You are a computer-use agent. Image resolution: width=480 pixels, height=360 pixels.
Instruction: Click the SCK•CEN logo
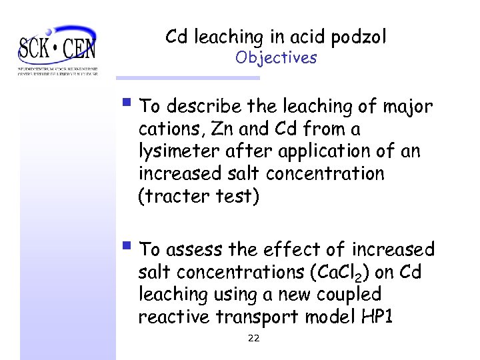[x=57, y=49]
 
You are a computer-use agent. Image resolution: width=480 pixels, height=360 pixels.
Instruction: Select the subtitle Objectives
[x=276, y=58]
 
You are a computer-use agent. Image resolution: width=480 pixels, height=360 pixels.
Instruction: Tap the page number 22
[x=253, y=338]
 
